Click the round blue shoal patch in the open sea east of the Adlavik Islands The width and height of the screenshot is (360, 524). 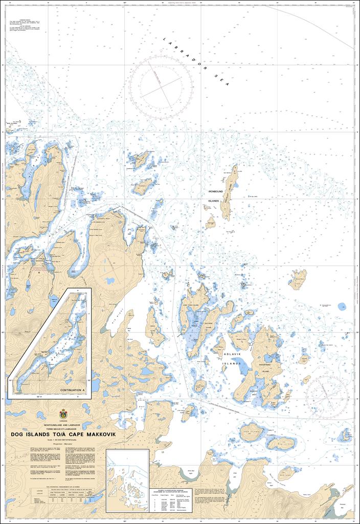[x=342, y=307]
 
